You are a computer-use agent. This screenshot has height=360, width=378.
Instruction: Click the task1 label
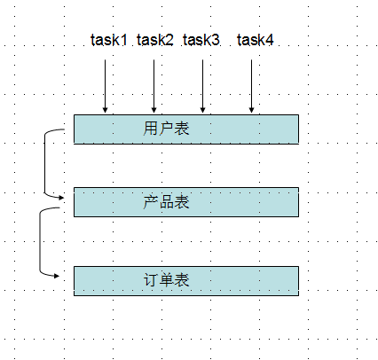click(109, 40)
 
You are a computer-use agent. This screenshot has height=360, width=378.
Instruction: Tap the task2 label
click(155, 40)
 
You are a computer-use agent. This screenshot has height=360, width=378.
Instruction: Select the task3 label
click(201, 40)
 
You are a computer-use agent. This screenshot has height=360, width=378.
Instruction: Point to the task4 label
click(256, 40)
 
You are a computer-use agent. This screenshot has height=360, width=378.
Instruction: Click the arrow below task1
click(105, 86)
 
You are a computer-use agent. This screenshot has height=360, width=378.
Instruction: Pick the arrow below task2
click(154, 86)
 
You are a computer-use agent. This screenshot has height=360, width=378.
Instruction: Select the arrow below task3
click(202, 86)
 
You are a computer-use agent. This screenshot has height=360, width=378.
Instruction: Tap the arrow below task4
click(251, 86)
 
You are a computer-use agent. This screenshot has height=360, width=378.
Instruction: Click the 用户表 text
click(166, 129)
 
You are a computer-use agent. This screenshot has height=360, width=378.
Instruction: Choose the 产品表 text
click(166, 202)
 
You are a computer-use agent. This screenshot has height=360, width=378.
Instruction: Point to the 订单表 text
click(166, 279)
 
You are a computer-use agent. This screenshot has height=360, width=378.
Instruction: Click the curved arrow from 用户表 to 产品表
click(44, 163)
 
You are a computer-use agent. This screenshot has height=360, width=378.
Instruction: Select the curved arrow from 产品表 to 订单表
click(40, 242)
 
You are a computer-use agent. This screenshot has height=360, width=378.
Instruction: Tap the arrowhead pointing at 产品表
click(62, 198)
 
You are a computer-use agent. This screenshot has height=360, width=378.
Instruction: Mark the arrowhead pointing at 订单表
click(57, 276)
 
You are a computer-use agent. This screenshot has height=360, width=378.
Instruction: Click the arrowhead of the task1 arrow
click(105, 110)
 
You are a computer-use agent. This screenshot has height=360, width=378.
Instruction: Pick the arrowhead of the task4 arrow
click(251, 110)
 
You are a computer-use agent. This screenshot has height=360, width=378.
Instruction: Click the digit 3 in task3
click(216, 40)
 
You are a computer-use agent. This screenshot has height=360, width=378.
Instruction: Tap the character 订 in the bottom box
click(151, 279)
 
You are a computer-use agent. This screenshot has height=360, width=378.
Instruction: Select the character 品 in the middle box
click(166, 202)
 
